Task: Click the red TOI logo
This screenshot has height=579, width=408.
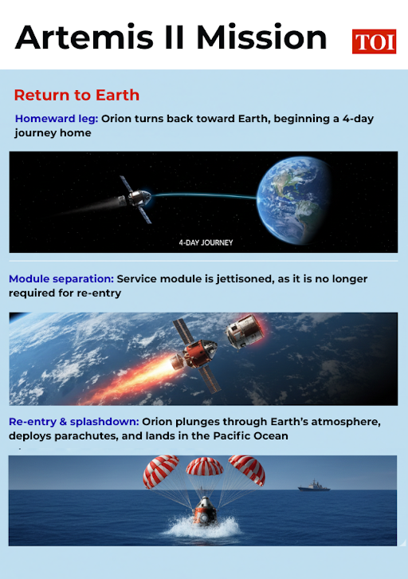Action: (x=374, y=41)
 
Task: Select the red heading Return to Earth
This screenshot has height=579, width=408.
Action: (x=76, y=96)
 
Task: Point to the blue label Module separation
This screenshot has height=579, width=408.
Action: (x=61, y=279)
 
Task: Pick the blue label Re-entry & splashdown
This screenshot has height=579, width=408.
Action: (x=74, y=421)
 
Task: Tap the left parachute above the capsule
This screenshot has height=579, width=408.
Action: (x=160, y=472)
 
